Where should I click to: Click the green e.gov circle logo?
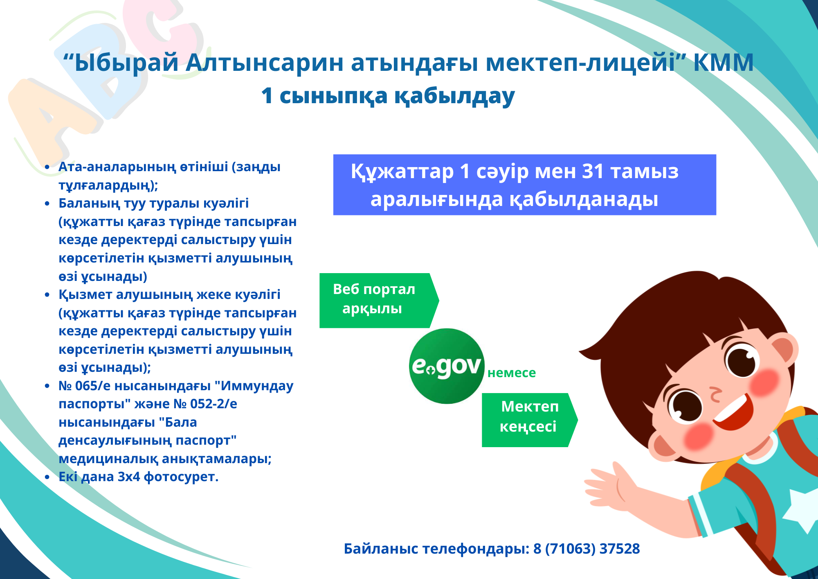click(x=447, y=366)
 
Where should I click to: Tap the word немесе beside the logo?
click(x=512, y=373)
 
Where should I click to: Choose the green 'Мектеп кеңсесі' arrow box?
click(x=530, y=420)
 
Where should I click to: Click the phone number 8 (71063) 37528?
click(x=587, y=549)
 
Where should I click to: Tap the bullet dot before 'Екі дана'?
click(x=47, y=477)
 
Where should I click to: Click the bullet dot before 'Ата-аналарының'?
click(x=47, y=167)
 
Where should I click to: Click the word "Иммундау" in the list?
click(x=254, y=386)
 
